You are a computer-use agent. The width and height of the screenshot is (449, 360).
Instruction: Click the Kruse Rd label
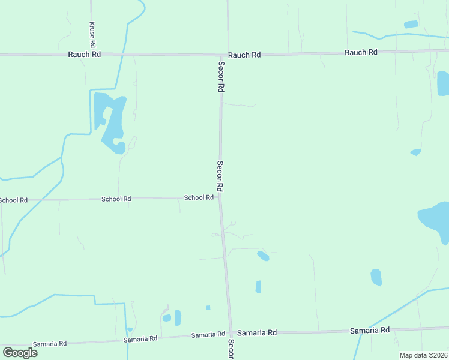(x=92, y=35)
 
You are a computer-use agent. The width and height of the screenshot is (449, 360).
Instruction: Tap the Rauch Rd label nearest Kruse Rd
(x=85, y=54)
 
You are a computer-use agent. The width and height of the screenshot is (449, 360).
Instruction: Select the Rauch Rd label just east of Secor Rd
(x=245, y=55)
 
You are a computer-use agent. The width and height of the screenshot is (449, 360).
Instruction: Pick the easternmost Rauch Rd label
(x=361, y=52)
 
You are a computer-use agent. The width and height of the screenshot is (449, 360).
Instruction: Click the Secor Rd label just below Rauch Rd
(x=221, y=76)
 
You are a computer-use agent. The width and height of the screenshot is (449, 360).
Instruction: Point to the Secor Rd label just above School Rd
(x=220, y=176)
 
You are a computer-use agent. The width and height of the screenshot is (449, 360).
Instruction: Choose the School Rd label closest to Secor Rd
(x=199, y=197)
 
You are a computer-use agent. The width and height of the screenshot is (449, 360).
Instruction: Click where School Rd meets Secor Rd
(x=220, y=197)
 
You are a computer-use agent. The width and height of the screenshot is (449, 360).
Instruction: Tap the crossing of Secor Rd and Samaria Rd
(x=230, y=332)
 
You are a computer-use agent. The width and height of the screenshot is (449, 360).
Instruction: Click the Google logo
(x=20, y=352)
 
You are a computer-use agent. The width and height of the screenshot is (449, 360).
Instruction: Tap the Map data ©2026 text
(x=423, y=355)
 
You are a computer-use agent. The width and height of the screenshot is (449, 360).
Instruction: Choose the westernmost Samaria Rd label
(x=49, y=343)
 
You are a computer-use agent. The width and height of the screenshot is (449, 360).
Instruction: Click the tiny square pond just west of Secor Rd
(x=208, y=308)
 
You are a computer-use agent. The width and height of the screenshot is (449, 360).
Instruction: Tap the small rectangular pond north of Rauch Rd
(x=411, y=25)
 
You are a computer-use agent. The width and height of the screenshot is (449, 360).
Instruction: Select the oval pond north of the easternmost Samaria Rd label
(x=376, y=277)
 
